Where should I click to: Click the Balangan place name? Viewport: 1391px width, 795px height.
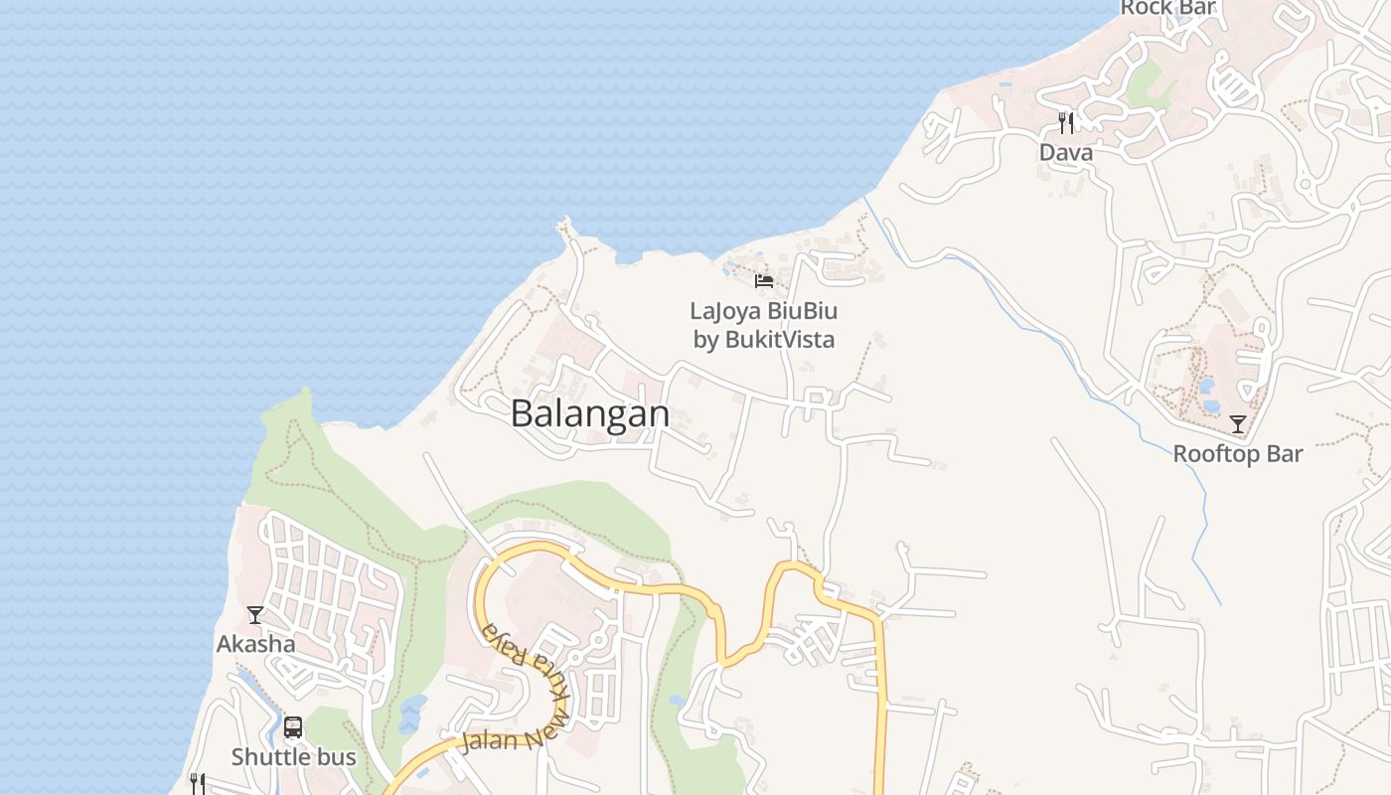(590, 413)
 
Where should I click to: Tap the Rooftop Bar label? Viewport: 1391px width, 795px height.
(1237, 454)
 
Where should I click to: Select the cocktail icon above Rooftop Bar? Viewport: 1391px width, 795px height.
(1238, 424)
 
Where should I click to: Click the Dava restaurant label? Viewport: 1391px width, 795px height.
(1066, 153)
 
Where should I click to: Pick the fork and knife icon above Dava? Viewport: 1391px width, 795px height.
(1066, 123)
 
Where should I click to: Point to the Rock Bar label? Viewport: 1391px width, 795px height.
(1168, 9)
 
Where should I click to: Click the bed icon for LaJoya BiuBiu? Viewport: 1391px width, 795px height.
(764, 281)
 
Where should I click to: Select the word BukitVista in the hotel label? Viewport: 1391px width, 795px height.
(780, 340)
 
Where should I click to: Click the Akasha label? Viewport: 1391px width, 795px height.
(255, 644)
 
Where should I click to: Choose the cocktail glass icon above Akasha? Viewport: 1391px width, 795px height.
(255, 615)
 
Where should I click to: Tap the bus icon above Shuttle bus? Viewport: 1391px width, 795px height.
(293, 727)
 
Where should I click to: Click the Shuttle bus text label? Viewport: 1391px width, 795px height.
(293, 757)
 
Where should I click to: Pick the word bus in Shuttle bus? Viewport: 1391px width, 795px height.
(335, 757)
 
